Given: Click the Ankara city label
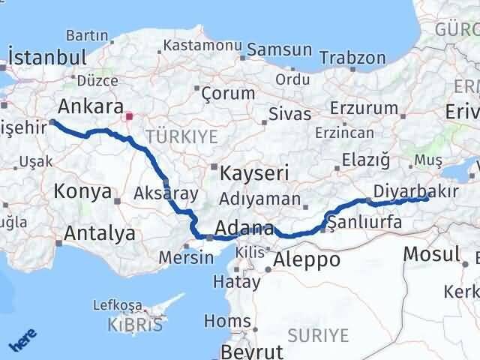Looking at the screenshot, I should [88, 105].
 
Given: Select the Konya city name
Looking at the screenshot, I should [82, 192].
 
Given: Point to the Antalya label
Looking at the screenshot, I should [100, 233].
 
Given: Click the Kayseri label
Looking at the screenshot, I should [255, 173].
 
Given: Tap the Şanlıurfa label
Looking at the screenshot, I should [361, 223].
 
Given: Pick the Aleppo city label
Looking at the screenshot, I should [307, 260].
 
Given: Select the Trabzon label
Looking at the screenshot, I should [352, 58].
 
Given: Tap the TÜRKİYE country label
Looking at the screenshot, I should [181, 136].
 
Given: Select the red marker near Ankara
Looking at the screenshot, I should [129, 117].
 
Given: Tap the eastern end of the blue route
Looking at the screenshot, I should [426, 198].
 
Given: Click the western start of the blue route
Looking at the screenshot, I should [52, 121].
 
